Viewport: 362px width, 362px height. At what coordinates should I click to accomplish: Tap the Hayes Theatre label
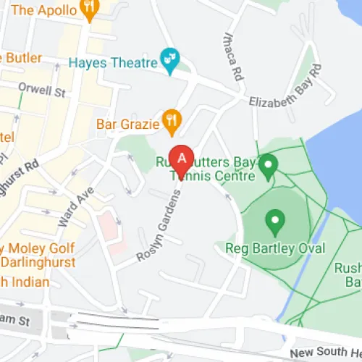point(113,62)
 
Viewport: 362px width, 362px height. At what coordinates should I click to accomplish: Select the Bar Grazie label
point(127,124)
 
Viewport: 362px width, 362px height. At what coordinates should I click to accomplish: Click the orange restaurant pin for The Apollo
point(90,7)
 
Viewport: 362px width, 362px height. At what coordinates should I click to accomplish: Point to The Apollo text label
point(43,10)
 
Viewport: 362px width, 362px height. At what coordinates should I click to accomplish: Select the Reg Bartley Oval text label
point(275,248)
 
